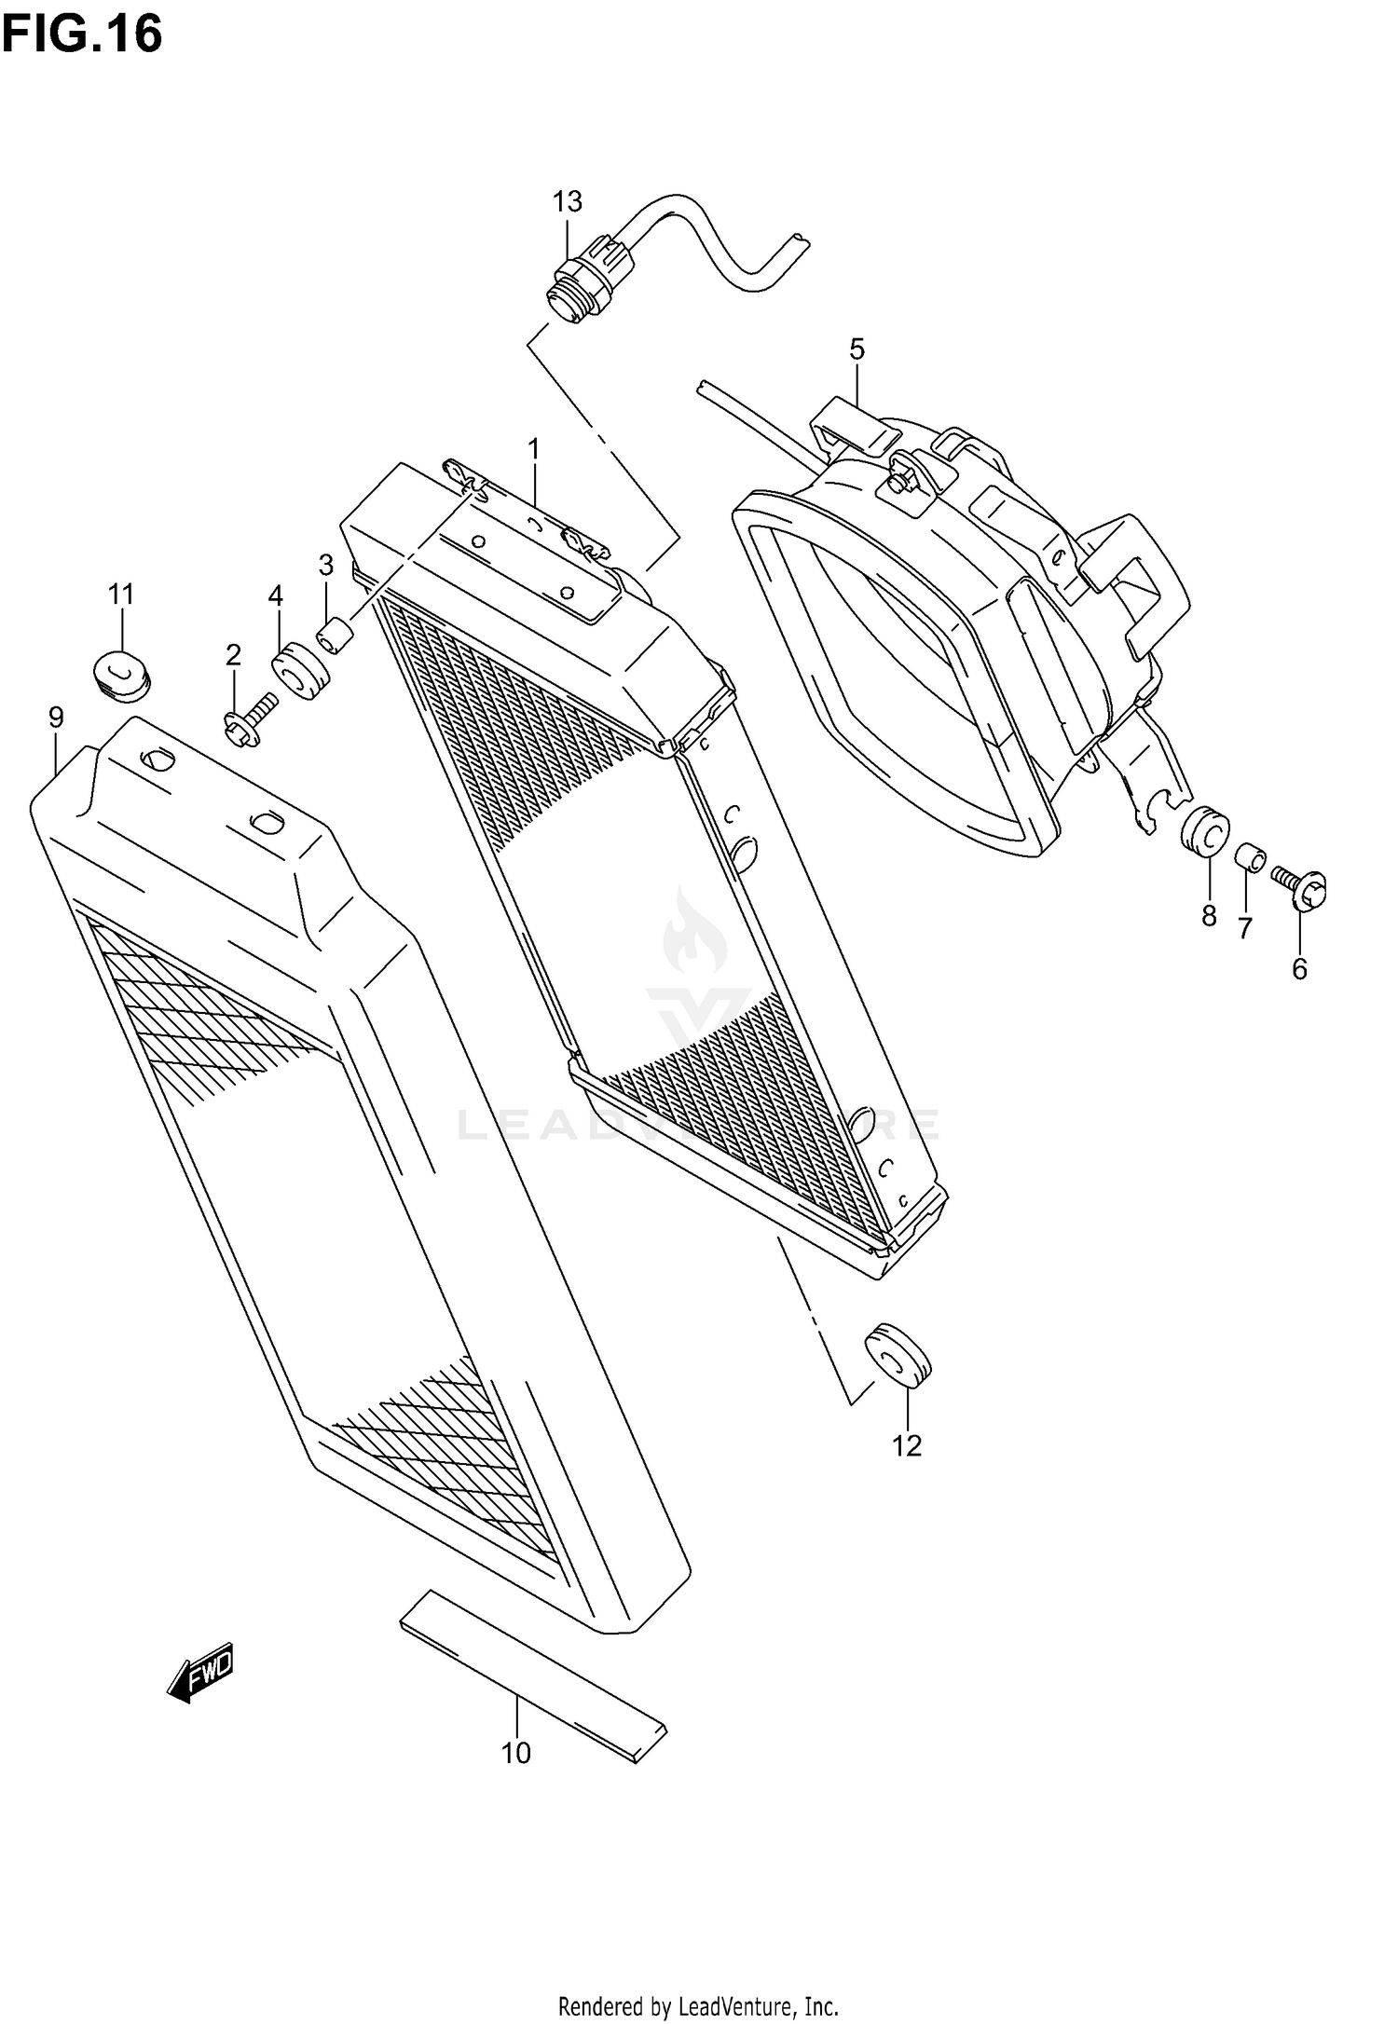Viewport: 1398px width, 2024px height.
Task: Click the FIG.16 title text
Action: point(83,34)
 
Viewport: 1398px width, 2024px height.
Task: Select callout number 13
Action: point(567,201)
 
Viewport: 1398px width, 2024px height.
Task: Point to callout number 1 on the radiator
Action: point(533,450)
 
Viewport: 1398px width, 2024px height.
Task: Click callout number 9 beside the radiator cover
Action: point(56,718)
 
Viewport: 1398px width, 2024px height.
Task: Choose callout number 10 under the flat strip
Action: point(515,1753)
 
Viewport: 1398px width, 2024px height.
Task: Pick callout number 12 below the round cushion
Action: point(906,1445)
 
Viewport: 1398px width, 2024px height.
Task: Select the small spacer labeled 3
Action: point(336,638)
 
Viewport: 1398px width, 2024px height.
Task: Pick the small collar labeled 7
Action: point(1250,857)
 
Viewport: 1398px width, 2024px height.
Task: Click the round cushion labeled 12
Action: point(898,1354)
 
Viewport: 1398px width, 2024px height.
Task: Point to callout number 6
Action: point(1299,969)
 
